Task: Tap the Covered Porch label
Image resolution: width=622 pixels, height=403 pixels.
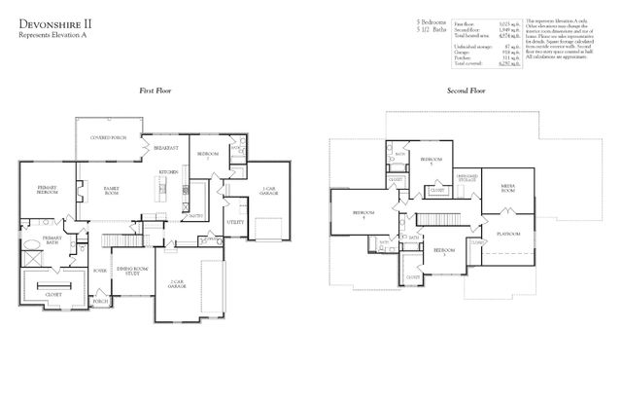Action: click(107, 137)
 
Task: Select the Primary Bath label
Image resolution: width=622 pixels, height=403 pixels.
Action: click(52, 239)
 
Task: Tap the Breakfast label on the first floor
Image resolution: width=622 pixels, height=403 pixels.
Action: click(165, 148)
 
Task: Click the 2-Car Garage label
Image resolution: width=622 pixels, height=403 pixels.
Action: click(177, 285)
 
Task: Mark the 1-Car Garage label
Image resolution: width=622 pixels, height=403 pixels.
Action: click(268, 192)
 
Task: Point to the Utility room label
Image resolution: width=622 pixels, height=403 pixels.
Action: click(235, 223)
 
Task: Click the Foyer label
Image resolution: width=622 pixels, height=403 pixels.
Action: click(100, 270)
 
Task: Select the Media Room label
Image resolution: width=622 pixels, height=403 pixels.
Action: click(507, 188)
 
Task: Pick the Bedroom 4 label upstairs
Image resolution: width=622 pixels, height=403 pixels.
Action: click(363, 214)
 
